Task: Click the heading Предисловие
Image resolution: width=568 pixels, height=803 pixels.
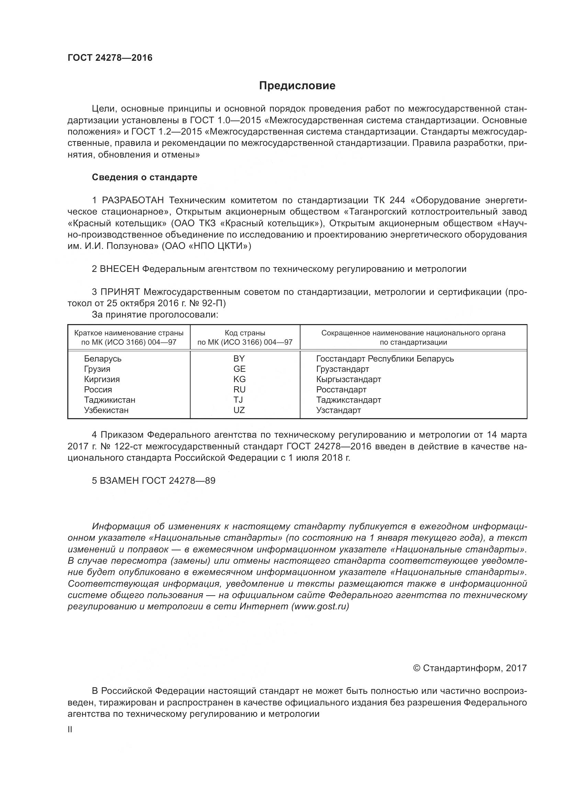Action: [297, 86]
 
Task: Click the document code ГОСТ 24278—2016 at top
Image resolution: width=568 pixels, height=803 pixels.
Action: [110, 58]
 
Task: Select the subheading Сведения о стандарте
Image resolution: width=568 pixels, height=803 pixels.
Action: [145, 177]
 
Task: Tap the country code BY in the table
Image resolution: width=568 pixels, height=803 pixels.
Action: [239, 358]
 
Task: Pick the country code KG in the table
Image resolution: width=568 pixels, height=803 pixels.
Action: [240, 379]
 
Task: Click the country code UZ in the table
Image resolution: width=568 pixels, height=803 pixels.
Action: [239, 410]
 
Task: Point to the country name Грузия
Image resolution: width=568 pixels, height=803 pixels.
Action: [97, 369]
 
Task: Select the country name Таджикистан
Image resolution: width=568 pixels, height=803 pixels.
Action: [110, 400]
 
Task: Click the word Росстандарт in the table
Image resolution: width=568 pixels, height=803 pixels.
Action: [341, 390]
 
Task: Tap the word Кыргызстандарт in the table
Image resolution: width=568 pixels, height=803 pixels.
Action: [348, 379]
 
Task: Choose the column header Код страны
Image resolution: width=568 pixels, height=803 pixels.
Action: [245, 333]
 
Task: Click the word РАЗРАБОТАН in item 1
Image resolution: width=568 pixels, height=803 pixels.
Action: [133, 200]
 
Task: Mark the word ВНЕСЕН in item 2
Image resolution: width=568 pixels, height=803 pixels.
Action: [120, 269]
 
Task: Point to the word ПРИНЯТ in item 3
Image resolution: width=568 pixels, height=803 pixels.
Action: [120, 292]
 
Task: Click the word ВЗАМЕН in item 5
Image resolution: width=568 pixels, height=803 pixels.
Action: [119, 481]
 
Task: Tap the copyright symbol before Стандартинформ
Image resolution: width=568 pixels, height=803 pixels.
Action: [416, 668]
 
